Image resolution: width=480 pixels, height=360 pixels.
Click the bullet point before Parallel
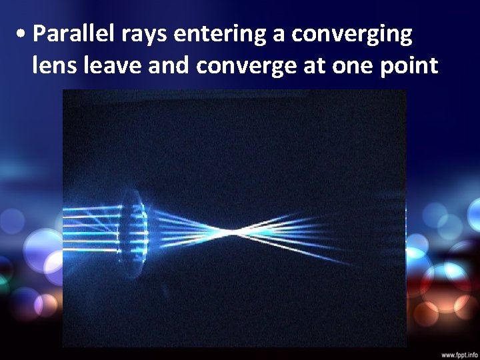[23, 34]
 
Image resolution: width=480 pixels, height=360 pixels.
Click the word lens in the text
[53, 66]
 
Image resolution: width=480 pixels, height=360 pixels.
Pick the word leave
[107, 66]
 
